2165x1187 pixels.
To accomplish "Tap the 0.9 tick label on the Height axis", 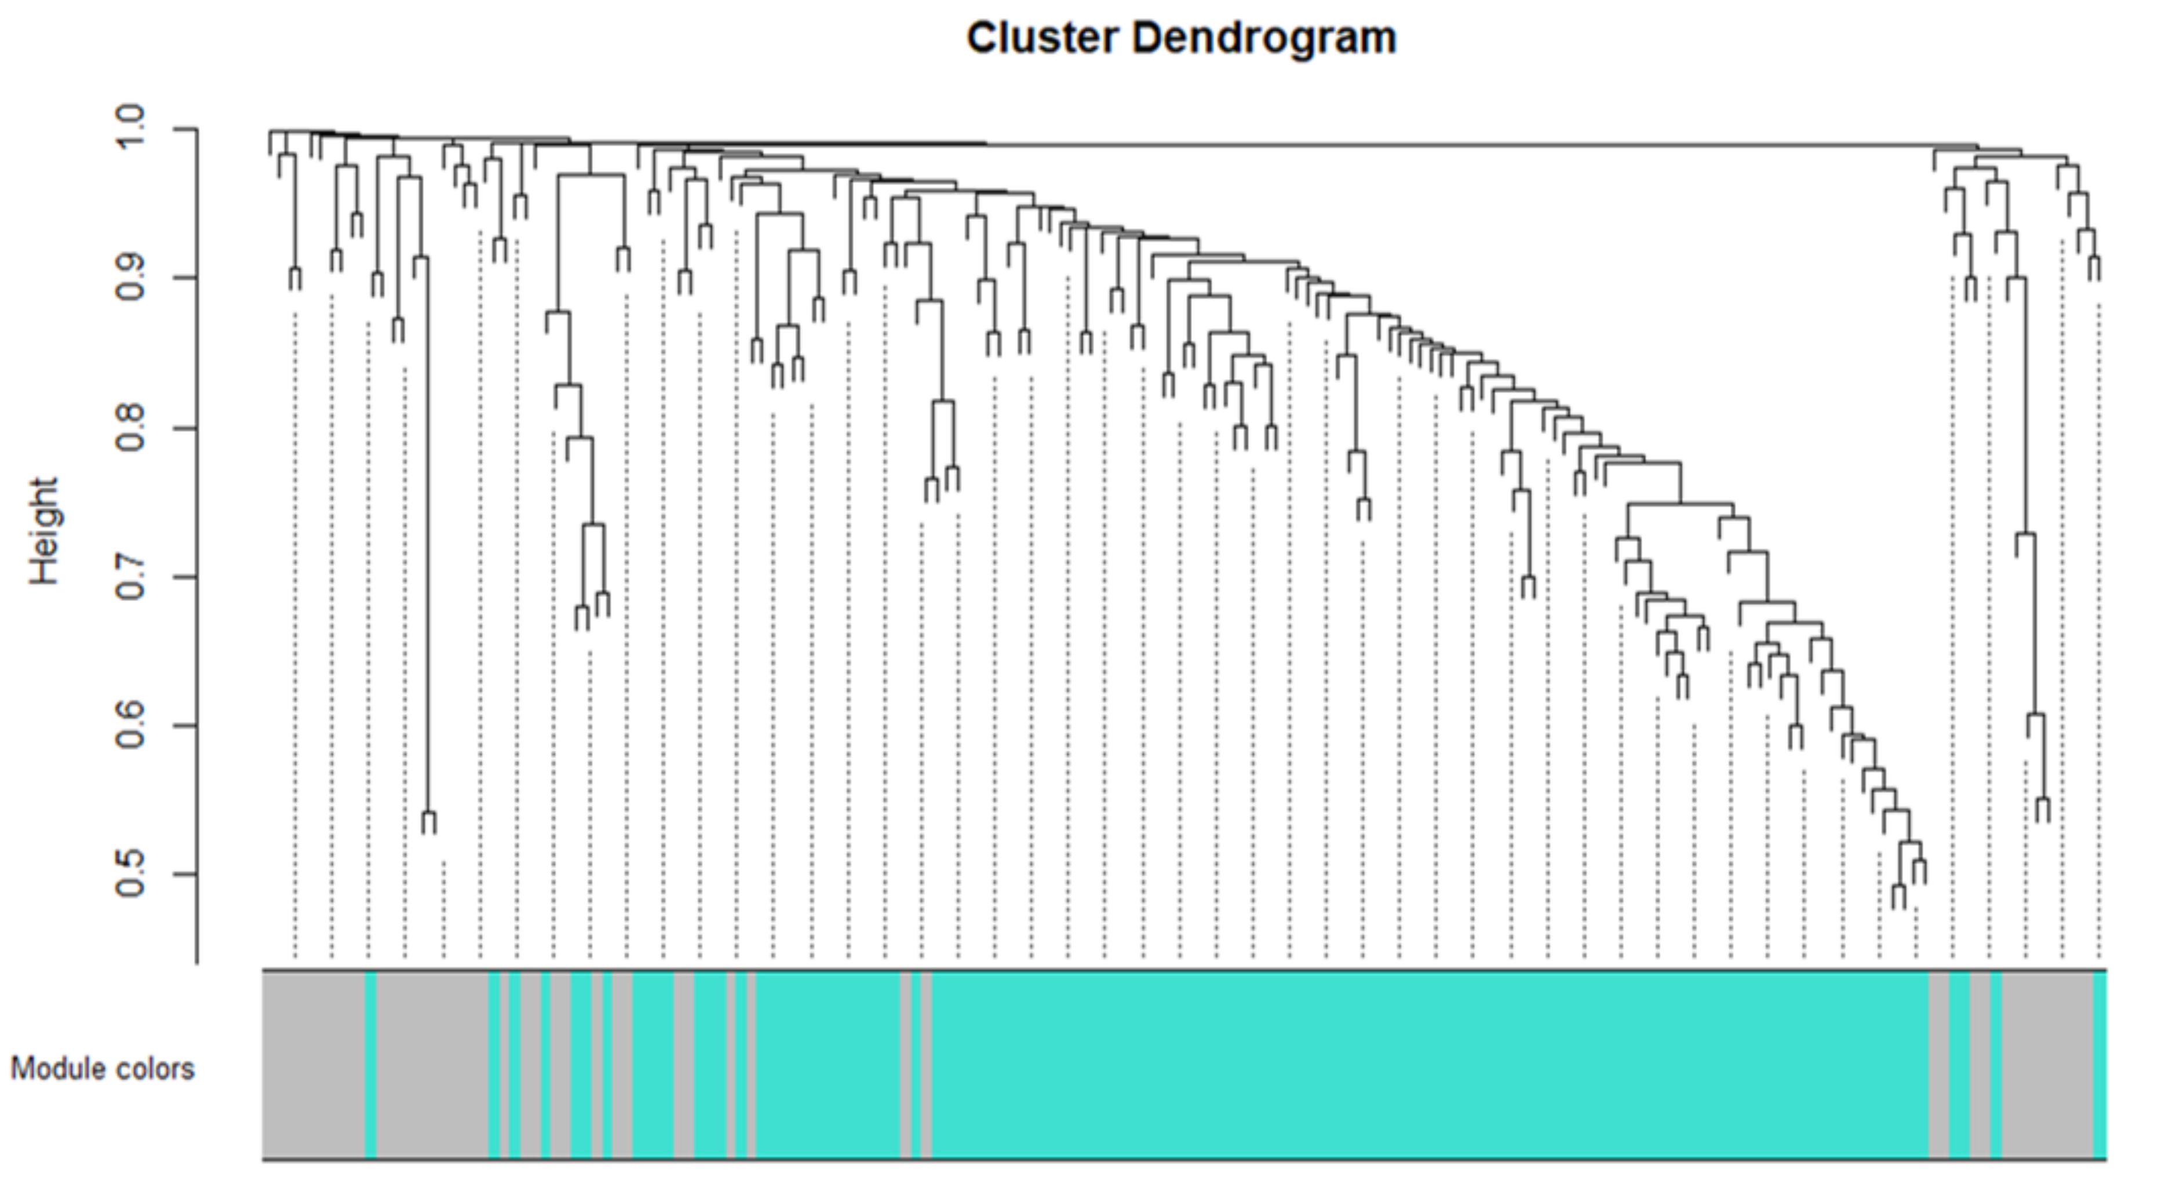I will [x=132, y=278].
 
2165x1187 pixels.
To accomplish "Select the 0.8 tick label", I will [x=132, y=428].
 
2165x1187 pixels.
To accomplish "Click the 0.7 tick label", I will [x=132, y=577].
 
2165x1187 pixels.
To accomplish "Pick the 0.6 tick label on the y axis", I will [x=132, y=726].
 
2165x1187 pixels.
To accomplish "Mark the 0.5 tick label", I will [x=132, y=874].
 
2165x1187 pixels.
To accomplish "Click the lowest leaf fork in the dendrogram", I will [x=1898, y=896].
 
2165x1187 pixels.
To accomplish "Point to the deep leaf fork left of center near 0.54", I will [x=429, y=822].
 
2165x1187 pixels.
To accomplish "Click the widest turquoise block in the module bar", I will [x=1429, y=1065].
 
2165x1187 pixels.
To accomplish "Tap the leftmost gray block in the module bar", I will [x=314, y=1065].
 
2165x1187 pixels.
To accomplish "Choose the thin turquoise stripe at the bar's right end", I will [x=2100, y=1065].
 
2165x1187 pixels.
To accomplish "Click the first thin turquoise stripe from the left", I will [x=371, y=1065].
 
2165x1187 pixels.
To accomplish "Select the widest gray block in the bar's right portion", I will [x=2047, y=1065].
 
